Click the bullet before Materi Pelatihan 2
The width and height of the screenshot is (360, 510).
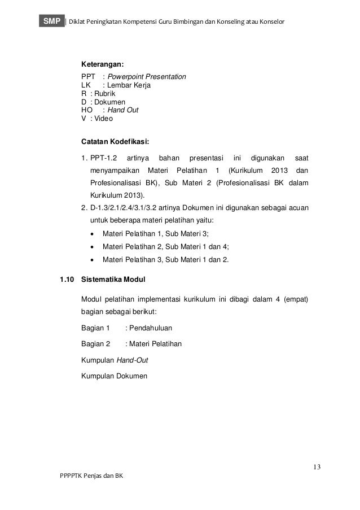[x=93, y=247]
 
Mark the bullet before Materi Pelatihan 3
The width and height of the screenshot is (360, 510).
[x=93, y=260]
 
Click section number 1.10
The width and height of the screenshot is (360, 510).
[x=67, y=279]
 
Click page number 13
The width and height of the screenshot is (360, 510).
[x=317, y=467]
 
